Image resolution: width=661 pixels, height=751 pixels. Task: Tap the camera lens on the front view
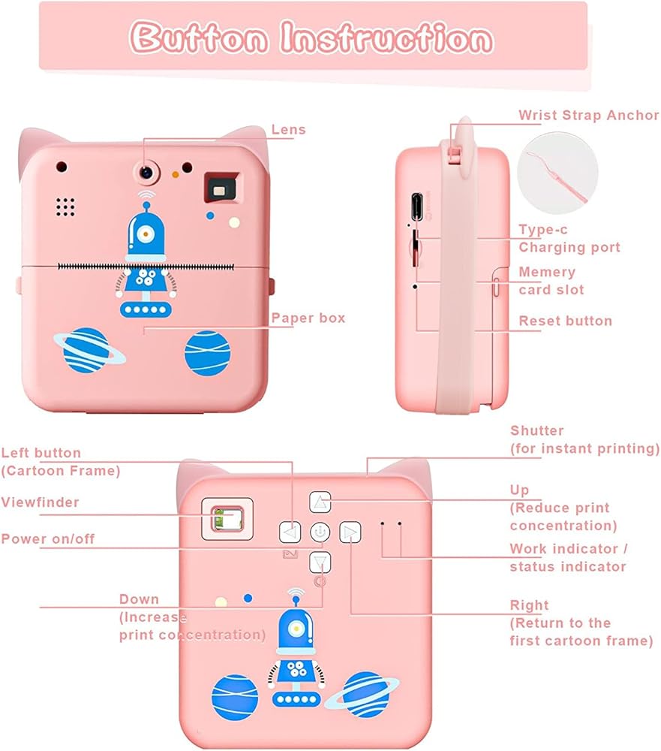[x=146, y=172]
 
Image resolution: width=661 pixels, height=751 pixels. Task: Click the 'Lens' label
[x=289, y=130]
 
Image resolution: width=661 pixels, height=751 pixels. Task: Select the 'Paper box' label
[x=308, y=318]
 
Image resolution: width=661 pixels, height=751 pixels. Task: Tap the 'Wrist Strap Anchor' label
[x=588, y=116]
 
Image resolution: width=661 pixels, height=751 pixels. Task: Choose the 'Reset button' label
[x=565, y=321]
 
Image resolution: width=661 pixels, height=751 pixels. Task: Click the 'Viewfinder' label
[x=40, y=502]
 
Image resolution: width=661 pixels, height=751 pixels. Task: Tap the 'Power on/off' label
[x=48, y=538]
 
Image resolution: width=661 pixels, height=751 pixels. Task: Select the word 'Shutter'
[x=536, y=431]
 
